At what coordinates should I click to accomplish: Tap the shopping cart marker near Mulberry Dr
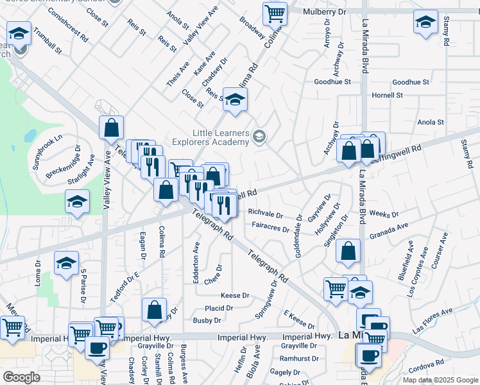pos(275,13)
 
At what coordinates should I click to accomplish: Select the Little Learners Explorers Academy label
pos(218,137)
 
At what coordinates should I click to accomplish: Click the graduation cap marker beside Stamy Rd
pos(425,22)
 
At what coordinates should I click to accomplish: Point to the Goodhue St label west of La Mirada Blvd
pos(332,82)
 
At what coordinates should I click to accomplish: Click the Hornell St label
pos(387,95)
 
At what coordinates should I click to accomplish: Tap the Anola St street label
pos(431,122)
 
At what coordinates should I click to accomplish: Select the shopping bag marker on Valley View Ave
pos(112,128)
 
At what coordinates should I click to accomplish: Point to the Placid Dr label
pos(218,308)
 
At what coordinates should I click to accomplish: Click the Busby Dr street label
pos(207,320)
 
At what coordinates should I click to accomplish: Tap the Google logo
pos(21,377)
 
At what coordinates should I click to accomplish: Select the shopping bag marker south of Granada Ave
pos(347,253)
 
